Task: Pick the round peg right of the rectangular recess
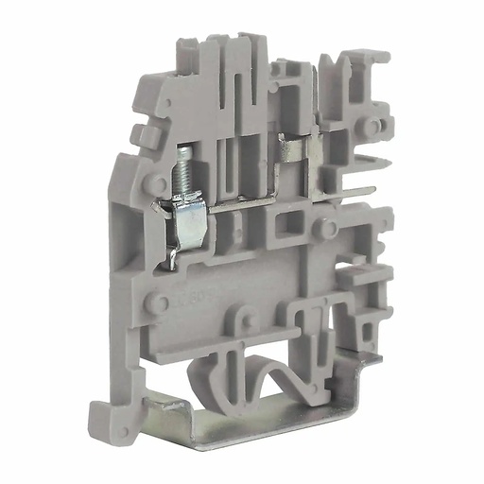[x=324, y=228]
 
